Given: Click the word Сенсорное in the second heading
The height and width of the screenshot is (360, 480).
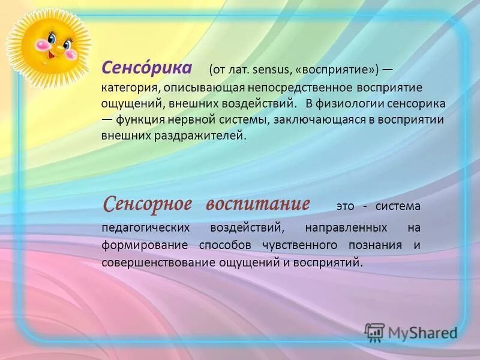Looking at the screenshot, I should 148,204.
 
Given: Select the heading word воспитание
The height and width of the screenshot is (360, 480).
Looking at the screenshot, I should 258,204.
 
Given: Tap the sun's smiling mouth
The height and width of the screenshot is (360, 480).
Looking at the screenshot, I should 54,53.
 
